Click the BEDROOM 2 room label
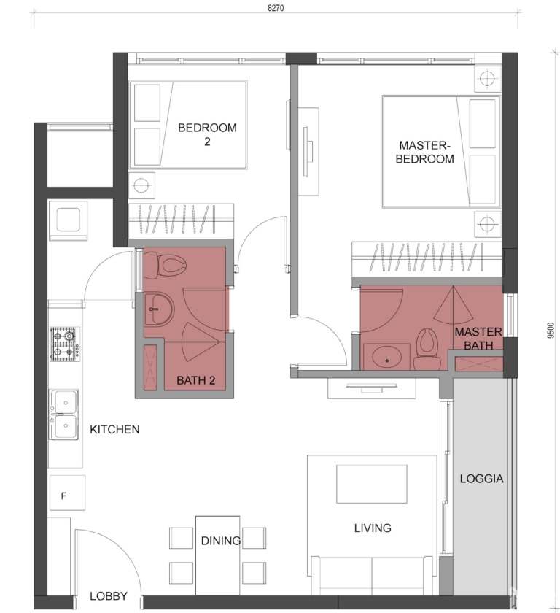click(x=207, y=134)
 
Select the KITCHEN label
click(x=114, y=430)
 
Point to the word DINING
click(x=221, y=541)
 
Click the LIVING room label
click(x=372, y=528)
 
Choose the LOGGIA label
click(x=481, y=479)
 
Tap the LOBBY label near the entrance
click(x=109, y=596)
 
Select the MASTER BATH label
click(x=478, y=339)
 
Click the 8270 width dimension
click(x=276, y=9)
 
